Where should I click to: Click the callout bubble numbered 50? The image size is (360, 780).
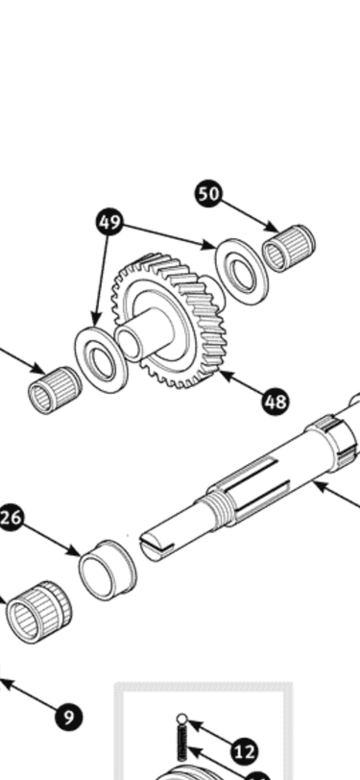coord(208,193)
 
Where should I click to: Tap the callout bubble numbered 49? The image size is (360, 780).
coord(109,222)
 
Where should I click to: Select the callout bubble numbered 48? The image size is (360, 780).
coord(276,402)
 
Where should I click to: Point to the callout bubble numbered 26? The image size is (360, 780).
coord(11,518)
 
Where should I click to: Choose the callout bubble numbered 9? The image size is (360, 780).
coord(68,717)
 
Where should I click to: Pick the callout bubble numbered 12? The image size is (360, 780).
coord(245,751)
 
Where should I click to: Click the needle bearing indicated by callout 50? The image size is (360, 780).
coord(288,248)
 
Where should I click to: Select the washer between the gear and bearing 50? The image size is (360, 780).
coord(242,272)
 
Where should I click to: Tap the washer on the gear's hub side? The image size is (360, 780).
coord(101,359)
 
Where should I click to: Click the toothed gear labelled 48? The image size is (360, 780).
coord(170,321)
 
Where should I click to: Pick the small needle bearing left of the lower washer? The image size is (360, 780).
coord(55,391)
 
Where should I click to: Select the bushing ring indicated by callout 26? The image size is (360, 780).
coord(108,570)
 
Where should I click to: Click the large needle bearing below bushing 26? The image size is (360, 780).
coord(38,612)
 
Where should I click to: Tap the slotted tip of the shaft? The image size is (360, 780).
coord(156,547)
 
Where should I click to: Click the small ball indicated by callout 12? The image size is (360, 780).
coord(182,719)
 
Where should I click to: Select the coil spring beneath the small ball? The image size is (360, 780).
coord(182,742)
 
